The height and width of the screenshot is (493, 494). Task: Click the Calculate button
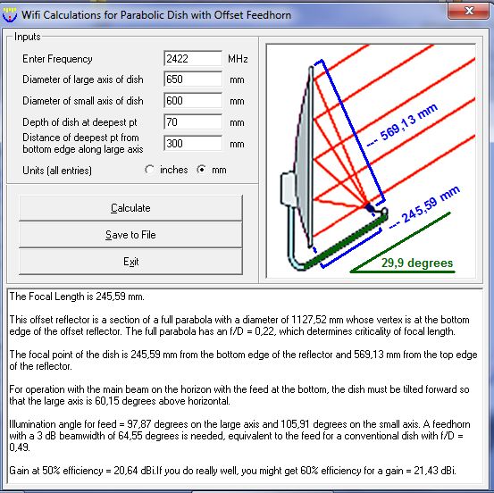point(130,208)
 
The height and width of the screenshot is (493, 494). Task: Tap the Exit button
point(130,262)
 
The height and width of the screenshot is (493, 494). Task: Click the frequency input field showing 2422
point(193,59)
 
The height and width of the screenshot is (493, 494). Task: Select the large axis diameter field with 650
point(193,79)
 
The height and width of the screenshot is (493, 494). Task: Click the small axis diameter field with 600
point(193,101)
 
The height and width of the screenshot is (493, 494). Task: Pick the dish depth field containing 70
point(193,122)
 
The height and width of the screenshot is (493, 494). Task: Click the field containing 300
point(193,143)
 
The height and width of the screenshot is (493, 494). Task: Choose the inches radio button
point(149,170)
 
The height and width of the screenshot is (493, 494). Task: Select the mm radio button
point(201,170)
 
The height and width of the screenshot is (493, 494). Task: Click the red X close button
point(469,11)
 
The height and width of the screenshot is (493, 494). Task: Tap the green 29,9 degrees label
point(417,263)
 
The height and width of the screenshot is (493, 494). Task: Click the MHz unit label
point(238,59)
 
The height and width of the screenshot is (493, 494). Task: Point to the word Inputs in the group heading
point(28,37)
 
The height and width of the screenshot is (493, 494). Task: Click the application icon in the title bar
point(10,14)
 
